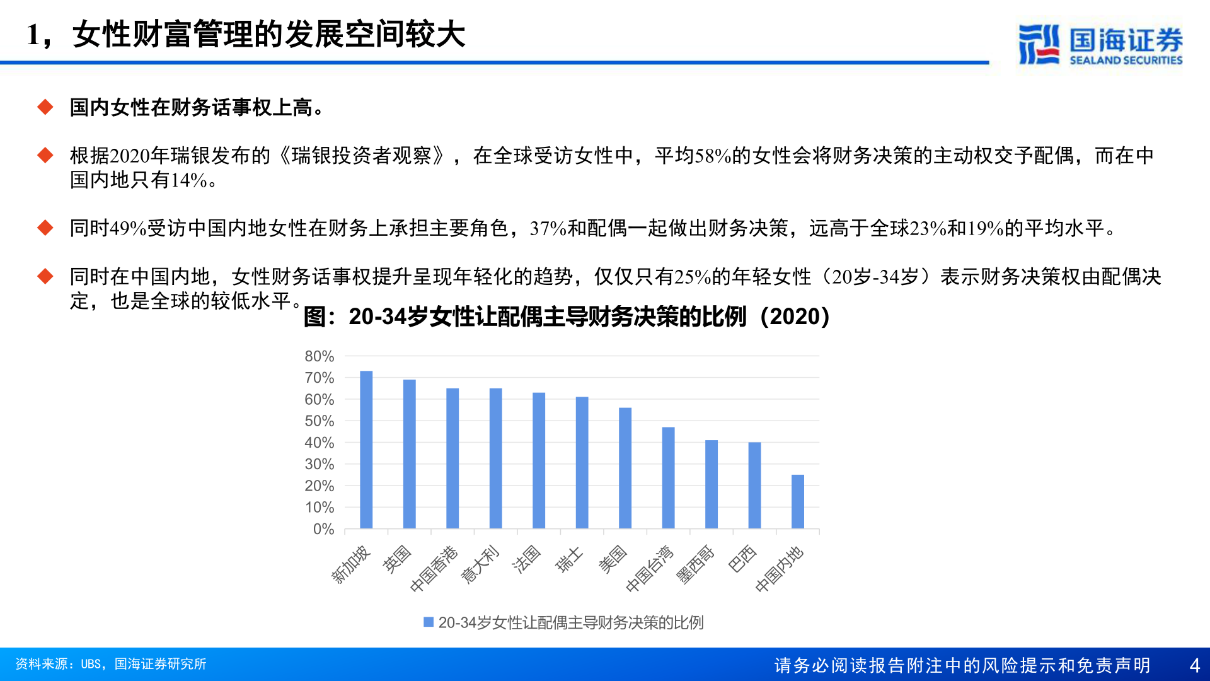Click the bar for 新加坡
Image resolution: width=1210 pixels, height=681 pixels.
[x=366, y=450]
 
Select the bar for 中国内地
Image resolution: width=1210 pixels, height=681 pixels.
[x=798, y=501]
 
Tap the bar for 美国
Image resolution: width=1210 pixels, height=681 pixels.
[x=625, y=468]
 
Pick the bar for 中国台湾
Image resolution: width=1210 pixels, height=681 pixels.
[x=668, y=478]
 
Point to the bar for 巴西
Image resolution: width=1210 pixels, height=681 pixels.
[x=754, y=485]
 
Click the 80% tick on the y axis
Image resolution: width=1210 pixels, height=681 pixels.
[x=319, y=356]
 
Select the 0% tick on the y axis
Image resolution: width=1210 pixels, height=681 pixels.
[x=323, y=529]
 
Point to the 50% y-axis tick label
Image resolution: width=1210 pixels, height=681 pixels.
[x=319, y=421]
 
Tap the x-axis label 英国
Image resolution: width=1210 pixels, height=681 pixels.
[x=397, y=559]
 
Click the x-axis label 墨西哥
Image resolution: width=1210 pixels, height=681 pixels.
[x=695, y=565]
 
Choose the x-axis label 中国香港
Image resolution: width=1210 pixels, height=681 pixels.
[x=434, y=569]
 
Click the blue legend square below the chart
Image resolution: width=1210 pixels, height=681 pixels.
[x=429, y=622]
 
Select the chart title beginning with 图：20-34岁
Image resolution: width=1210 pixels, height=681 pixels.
[x=567, y=317]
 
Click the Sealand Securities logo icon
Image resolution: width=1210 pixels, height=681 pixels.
[x=1039, y=44]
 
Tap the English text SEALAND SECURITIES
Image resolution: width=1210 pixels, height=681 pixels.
[x=1126, y=61]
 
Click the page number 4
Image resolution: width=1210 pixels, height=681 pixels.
[x=1194, y=665]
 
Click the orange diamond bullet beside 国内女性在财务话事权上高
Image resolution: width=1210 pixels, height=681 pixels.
[x=45, y=107]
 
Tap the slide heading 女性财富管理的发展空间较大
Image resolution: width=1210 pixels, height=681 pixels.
[x=268, y=34]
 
